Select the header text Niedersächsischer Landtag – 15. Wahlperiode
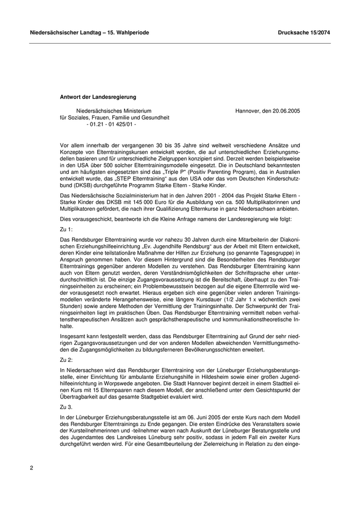[x=89, y=32]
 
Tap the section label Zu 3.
[x=66, y=406]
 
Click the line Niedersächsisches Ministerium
[x=114, y=111]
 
